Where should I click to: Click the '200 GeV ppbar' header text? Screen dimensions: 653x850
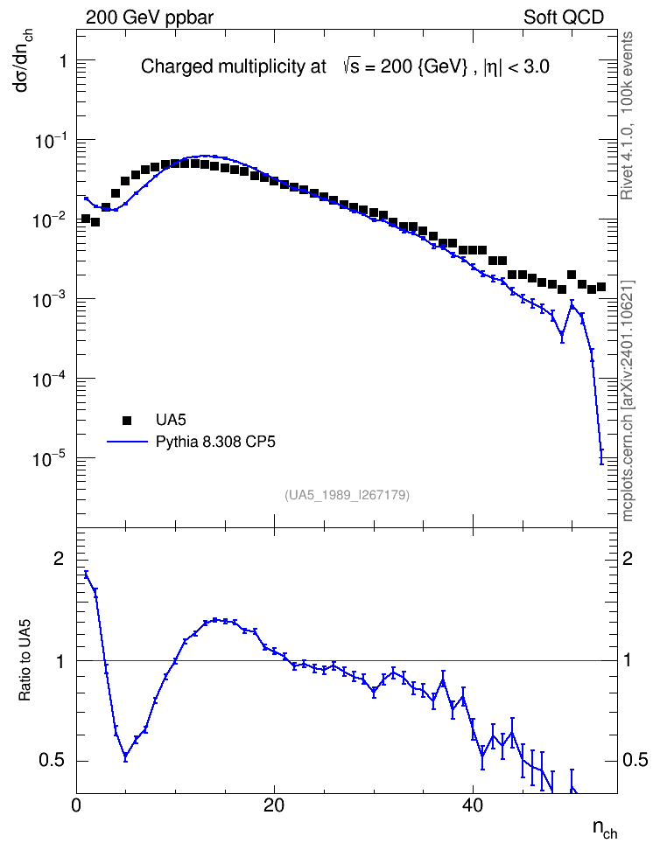click(150, 17)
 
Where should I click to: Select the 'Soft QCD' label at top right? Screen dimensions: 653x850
click(564, 17)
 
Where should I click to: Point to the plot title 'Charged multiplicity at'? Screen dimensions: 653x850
click(234, 66)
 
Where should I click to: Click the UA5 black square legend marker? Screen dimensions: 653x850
click(127, 420)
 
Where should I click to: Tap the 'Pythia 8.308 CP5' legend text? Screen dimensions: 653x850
click(215, 442)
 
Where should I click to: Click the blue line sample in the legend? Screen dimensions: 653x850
click(127, 442)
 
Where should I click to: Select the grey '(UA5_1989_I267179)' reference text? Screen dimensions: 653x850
click(347, 495)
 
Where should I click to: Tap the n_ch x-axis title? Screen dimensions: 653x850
click(605, 829)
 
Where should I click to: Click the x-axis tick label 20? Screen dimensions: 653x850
click(274, 806)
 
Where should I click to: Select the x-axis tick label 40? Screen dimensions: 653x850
click(473, 806)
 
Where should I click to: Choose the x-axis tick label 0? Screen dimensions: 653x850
click(76, 806)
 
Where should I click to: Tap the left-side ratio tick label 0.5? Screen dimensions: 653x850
click(53, 761)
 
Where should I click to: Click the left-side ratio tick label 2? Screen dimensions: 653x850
click(59, 558)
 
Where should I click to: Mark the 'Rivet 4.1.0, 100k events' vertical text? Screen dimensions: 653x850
click(627, 115)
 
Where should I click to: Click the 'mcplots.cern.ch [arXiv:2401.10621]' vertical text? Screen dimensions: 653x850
click(627, 401)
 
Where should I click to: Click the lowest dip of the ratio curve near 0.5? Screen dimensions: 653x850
click(125, 756)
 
